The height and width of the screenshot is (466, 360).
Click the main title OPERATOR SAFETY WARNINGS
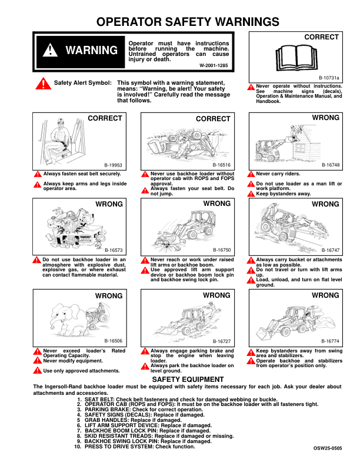tap(187, 22)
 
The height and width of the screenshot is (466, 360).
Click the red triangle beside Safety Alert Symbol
tap(43, 84)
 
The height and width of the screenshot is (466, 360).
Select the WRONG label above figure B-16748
tap(326, 118)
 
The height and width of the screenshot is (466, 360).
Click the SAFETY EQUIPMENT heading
tap(187, 380)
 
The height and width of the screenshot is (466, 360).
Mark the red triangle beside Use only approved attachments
tap(37, 371)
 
